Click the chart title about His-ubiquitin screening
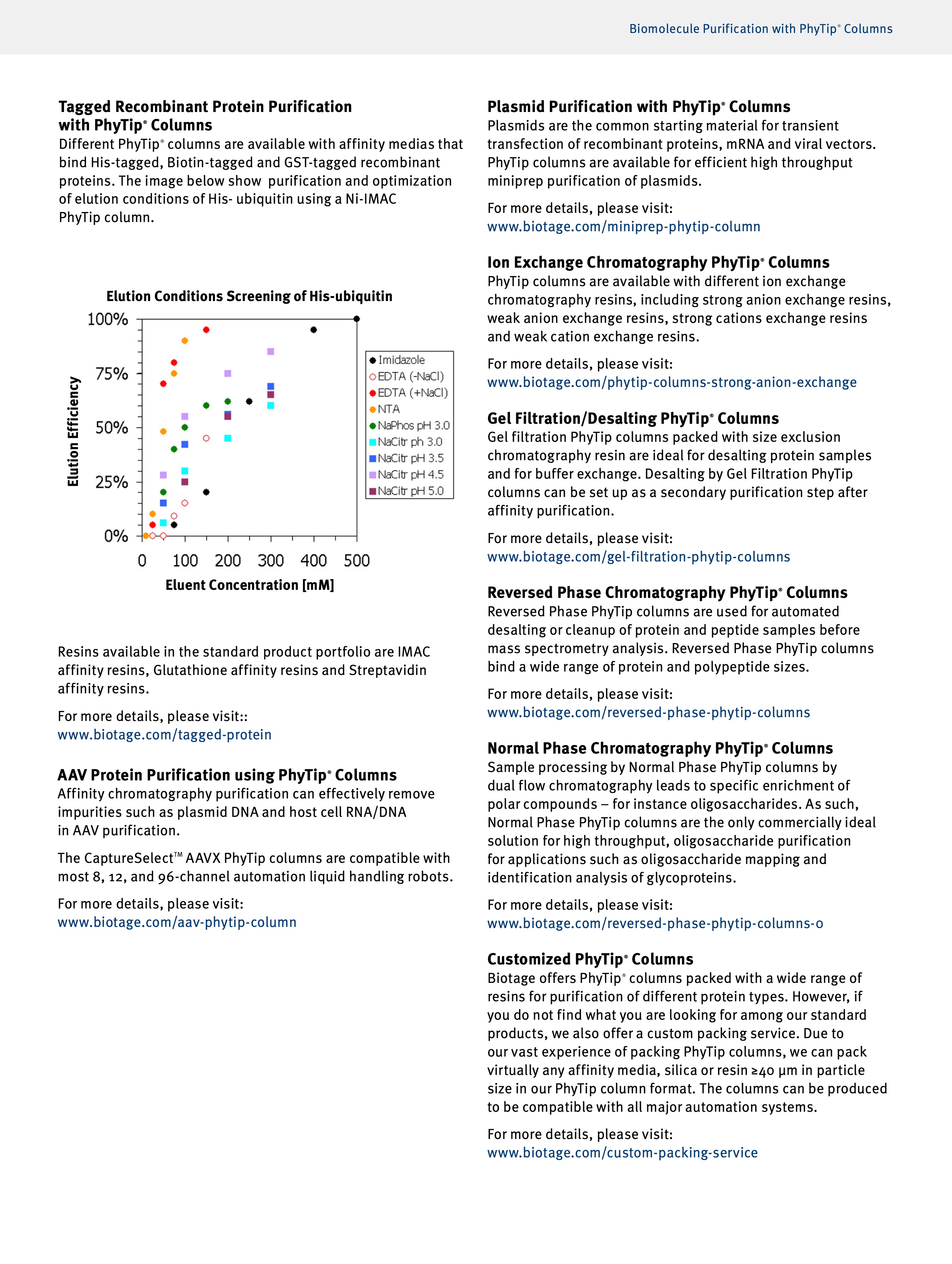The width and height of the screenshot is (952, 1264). [x=249, y=296]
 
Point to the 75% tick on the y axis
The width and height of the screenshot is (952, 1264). [x=112, y=374]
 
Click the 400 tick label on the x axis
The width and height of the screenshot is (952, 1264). [x=313, y=561]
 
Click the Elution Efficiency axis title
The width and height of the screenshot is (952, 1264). [x=73, y=431]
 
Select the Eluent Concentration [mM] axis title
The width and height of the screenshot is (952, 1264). [x=249, y=585]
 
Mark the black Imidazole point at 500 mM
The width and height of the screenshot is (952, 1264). [x=357, y=319]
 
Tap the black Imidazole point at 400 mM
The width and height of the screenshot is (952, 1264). [x=313, y=330]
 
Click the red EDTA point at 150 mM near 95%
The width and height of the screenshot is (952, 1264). [x=206, y=330]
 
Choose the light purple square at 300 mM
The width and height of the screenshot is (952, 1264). [x=271, y=351]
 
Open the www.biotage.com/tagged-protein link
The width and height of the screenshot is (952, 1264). [x=165, y=735]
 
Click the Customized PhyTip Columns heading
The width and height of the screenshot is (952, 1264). [x=590, y=960]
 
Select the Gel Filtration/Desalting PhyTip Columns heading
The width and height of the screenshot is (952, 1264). [x=633, y=418]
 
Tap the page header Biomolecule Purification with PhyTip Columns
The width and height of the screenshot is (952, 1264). [x=761, y=29]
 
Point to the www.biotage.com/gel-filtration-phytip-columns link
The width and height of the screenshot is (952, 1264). [x=639, y=557]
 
